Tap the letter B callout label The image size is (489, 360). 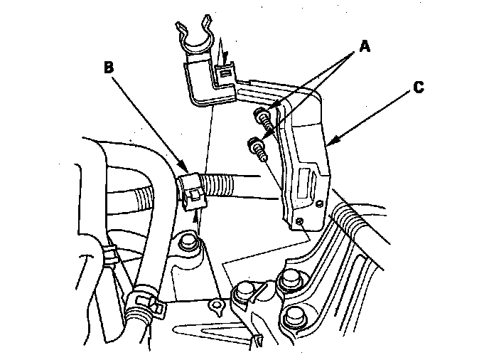coord(109,67)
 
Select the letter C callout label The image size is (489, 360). coord(419,88)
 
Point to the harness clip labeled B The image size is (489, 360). coord(190,189)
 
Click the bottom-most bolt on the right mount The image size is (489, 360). coord(293,317)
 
